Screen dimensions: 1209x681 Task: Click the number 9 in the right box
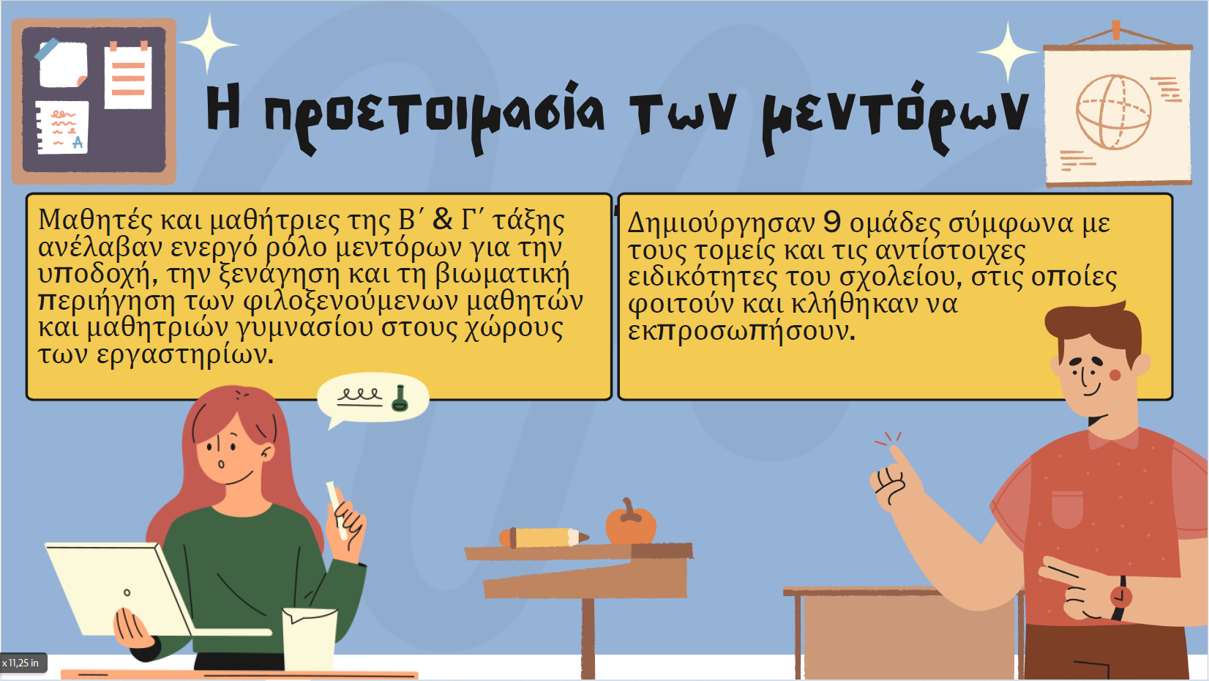point(832,221)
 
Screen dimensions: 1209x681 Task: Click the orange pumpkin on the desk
point(630,521)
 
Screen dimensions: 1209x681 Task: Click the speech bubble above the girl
point(373,400)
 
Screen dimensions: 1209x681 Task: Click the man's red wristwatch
point(1120,598)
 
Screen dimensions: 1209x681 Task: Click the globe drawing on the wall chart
point(1113,112)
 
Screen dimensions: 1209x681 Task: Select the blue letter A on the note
point(78,142)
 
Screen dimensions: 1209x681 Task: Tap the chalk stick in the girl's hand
point(336,510)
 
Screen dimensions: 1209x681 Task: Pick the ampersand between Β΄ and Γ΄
point(443,219)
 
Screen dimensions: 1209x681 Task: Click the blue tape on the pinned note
point(47,49)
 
